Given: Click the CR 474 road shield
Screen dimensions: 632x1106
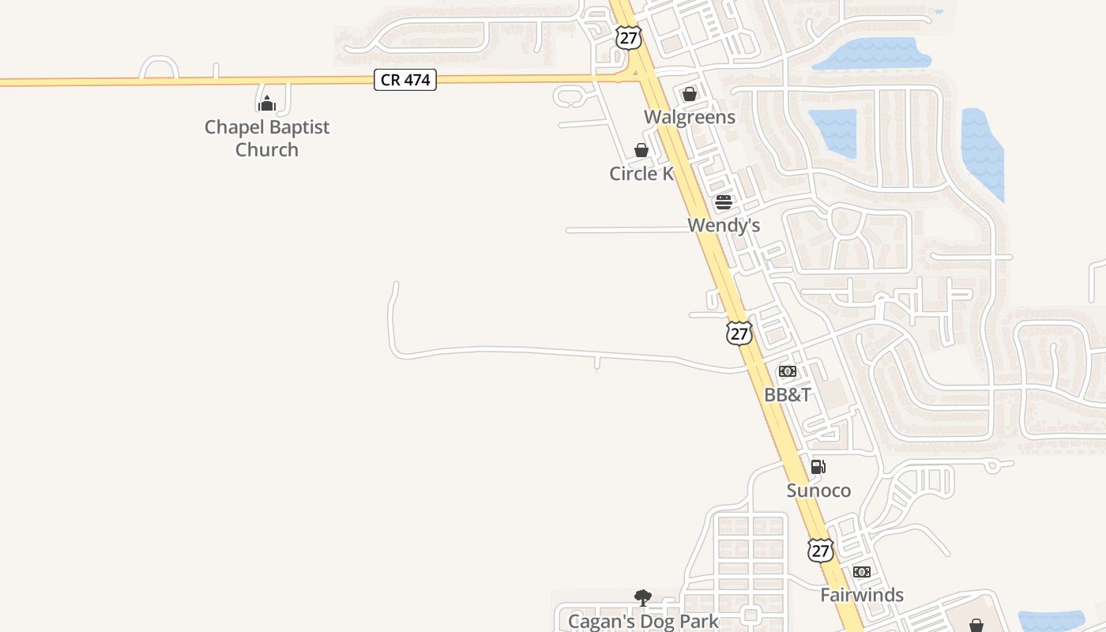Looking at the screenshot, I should pyautogui.click(x=405, y=80).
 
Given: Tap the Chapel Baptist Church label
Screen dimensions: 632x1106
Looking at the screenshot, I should pyautogui.click(x=267, y=138).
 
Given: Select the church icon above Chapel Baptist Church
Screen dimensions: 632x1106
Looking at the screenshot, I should pyautogui.click(x=267, y=103).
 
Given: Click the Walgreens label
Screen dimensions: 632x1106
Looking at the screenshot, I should pyautogui.click(x=690, y=117).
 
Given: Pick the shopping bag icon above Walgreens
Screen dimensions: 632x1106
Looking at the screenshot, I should pyautogui.click(x=690, y=94).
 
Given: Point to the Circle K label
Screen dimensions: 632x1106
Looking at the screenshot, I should pyautogui.click(x=641, y=173).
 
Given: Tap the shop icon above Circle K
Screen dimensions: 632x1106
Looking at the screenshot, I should pyautogui.click(x=641, y=150).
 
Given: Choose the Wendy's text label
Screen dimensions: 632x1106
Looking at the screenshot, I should pyautogui.click(x=724, y=225).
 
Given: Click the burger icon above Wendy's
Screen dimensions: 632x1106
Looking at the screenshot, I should pyautogui.click(x=724, y=202).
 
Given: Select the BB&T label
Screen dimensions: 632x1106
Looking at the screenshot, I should pyautogui.click(x=788, y=394).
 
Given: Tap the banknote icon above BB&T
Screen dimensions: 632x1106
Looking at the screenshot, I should pyautogui.click(x=788, y=371).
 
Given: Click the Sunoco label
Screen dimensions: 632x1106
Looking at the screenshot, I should pyautogui.click(x=818, y=491).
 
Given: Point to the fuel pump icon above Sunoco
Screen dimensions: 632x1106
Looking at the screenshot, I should pyautogui.click(x=818, y=467).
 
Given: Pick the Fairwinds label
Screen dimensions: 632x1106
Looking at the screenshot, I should pyautogui.click(x=862, y=595).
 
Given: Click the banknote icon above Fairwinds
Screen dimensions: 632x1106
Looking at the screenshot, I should pyautogui.click(x=862, y=572).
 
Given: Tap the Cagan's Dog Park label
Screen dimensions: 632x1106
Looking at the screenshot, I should pyautogui.click(x=643, y=621).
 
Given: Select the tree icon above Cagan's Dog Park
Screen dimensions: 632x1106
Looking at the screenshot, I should pyautogui.click(x=643, y=598).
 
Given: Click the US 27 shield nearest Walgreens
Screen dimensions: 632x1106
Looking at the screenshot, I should pyautogui.click(x=628, y=38).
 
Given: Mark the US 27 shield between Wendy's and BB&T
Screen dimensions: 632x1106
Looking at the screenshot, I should pyautogui.click(x=739, y=333).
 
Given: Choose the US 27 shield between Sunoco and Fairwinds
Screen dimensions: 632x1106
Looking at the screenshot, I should pyautogui.click(x=821, y=550).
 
